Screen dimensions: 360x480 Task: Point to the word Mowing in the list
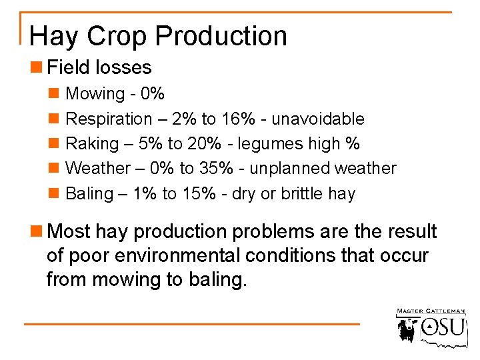(x=95, y=94)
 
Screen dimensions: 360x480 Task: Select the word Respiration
(x=109, y=119)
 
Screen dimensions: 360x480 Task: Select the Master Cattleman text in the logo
(x=429, y=311)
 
